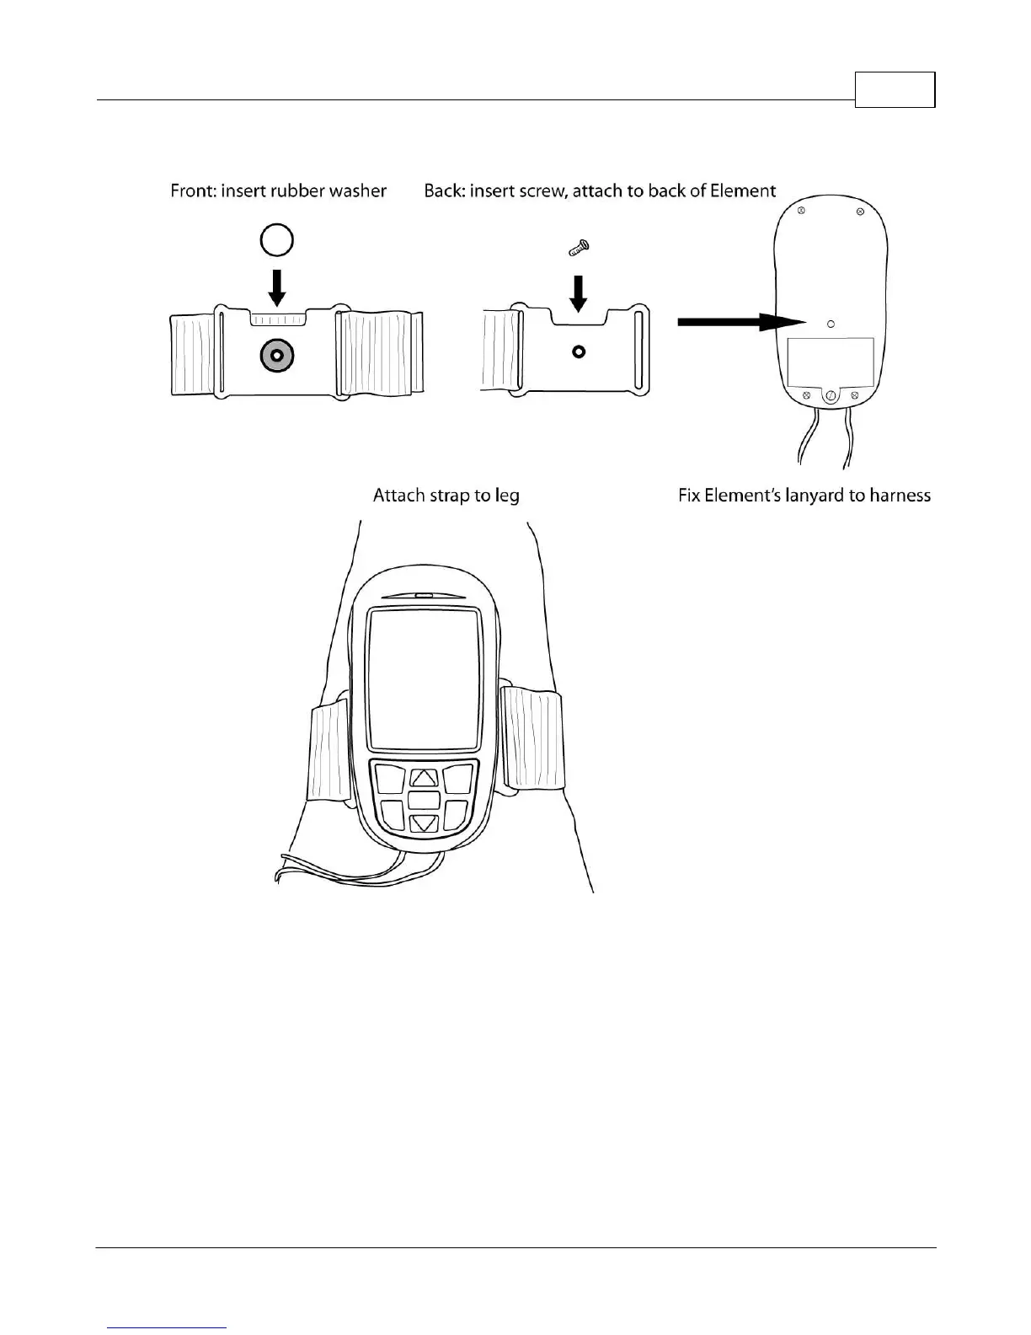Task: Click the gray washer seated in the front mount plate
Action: [x=276, y=356]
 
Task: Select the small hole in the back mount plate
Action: [x=579, y=351]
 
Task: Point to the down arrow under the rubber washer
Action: [x=276, y=287]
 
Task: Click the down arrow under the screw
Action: [x=579, y=292]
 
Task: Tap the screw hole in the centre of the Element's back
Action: [x=831, y=323]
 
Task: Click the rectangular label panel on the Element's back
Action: [x=830, y=360]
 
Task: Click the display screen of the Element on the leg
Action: [x=424, y=679]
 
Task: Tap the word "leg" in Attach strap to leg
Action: [x=507, y=496]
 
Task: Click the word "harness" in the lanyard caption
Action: [x=900, y=496]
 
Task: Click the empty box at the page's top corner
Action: [x=895, y=89]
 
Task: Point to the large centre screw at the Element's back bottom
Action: [x=831, y=396]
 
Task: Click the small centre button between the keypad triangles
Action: [x=425, y=800]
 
